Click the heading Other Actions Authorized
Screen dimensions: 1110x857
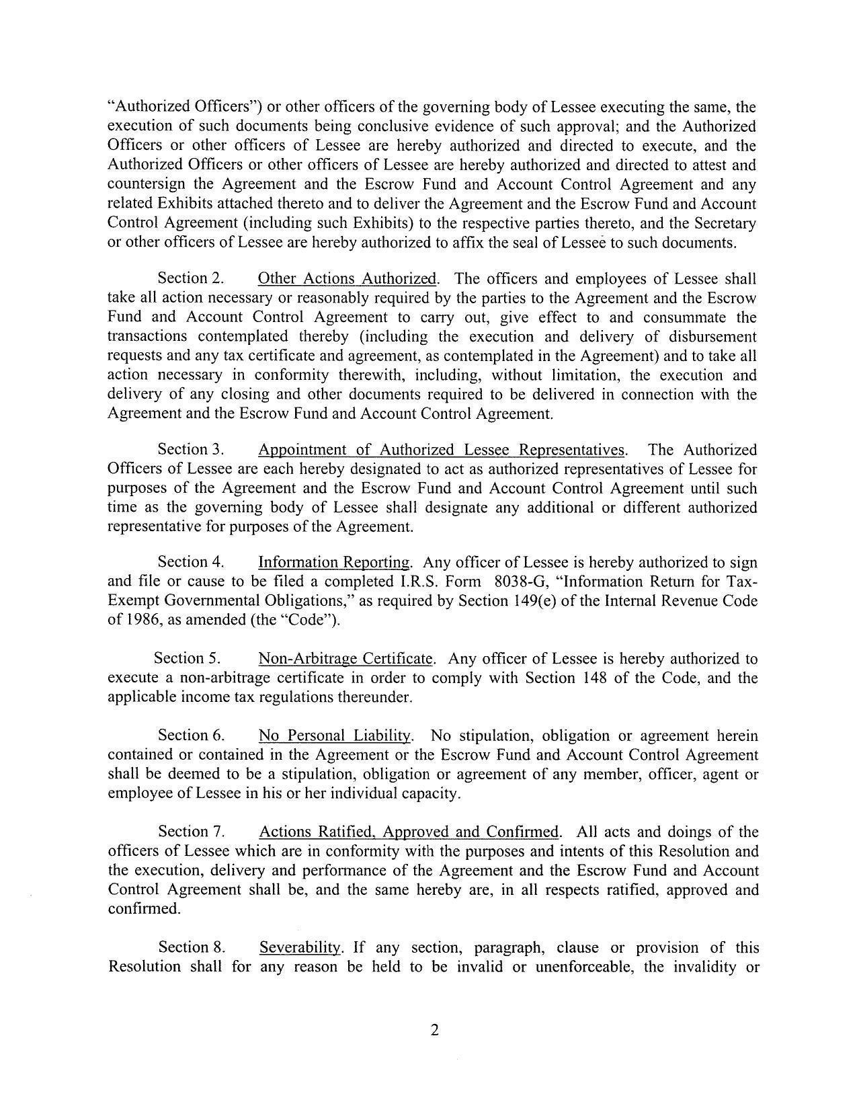pyautogui.click(x=348, y=278)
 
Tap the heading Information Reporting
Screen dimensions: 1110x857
pyautogui.click(x=334, y=562)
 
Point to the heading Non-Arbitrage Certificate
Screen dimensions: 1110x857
pyautogui.click(x=345, y=658)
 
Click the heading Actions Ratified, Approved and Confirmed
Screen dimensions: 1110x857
pyautogui.click(x=409, y=832)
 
